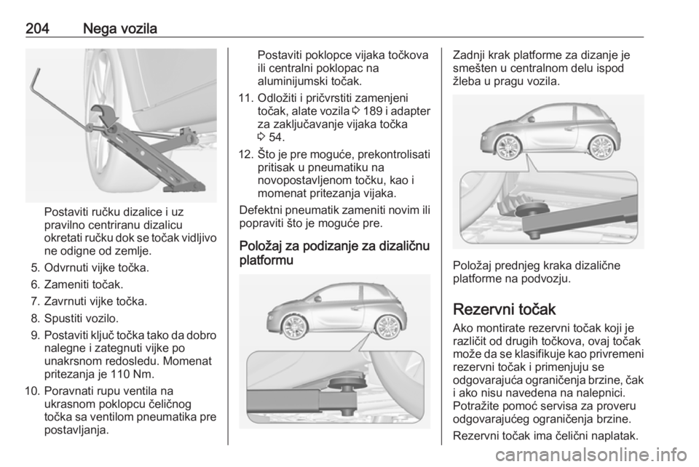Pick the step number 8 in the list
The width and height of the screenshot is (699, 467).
(36, 318)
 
